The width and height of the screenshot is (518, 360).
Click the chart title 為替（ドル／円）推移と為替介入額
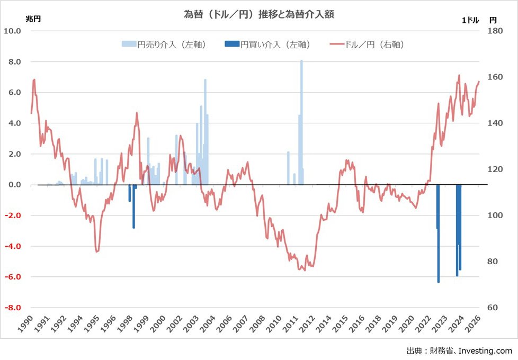pyautogui.click(x=258, y=15)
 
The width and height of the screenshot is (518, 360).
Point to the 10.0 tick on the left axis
pyautogui.click(x=13, y=31)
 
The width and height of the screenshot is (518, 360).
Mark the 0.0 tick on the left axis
pyautogui.click(x=14, y=185)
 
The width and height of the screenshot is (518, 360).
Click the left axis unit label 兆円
pyautogui.click(x=33, y=19)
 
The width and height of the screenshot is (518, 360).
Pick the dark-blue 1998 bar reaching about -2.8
pyautogui.click(x=133, y=206)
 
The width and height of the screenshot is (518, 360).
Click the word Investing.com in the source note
pyautogui.click(x=485, y=350)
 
